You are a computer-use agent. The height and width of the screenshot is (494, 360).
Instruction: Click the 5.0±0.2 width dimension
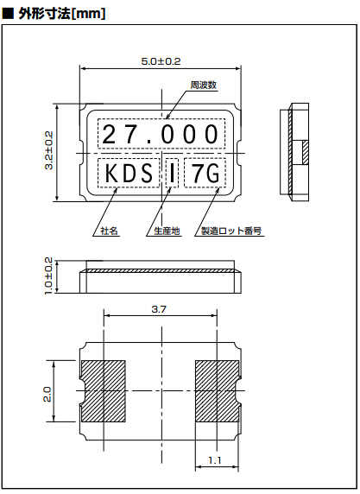[161, 61]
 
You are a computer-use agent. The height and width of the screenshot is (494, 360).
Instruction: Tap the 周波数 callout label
[203, 85]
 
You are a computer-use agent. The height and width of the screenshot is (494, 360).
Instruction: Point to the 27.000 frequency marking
[161, 135]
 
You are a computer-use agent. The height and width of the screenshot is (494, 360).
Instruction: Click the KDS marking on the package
[129, 174]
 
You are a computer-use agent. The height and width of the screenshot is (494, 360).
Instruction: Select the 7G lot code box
[205, 174]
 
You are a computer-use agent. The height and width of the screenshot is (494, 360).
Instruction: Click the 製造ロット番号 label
[231, 231]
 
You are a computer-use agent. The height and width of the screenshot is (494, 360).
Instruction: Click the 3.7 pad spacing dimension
[160, 308]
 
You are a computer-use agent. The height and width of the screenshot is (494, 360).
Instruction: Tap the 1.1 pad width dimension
[212, 461]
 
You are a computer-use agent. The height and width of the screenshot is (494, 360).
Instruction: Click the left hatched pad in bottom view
[104, 387]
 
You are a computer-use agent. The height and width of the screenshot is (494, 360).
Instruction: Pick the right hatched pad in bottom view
[217, 387]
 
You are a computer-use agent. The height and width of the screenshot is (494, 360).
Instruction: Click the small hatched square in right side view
[306, 152]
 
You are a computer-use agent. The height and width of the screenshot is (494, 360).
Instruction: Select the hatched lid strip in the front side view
[161, 271]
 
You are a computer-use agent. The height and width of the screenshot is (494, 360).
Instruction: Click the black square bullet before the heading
[8, 12]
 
